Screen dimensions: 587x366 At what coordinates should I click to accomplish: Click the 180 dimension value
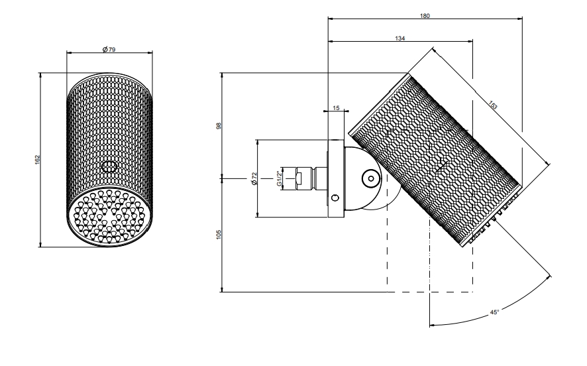(x=425, y=16)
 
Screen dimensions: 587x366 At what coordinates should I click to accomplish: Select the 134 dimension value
(x=400, y=38)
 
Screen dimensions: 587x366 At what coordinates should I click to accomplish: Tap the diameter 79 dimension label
(x=109, y=49)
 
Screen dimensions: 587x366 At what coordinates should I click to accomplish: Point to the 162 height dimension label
(x=37, y=160)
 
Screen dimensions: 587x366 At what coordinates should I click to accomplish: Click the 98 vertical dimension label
(x=219, y=125)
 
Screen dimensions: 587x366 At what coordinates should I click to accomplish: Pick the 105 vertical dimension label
(x=219, y=235)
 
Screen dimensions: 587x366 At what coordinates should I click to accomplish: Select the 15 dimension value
(x=336, y=108)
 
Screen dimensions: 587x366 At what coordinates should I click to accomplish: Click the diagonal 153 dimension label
(x=493, y=105)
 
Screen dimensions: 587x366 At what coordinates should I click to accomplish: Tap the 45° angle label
(x=494, y=312)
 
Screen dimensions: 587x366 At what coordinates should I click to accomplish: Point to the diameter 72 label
(x=254, y=178)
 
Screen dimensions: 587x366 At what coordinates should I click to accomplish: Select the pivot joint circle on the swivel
(x=371, y=179)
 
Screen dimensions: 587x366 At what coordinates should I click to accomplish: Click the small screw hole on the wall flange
(x=335, y=198)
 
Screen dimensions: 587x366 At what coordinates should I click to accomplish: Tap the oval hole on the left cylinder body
(x=109, y=166)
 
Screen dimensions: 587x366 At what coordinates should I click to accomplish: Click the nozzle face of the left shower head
(x=110, y=217)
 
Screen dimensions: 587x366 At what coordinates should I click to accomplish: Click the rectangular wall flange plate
(x=336, y=178)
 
